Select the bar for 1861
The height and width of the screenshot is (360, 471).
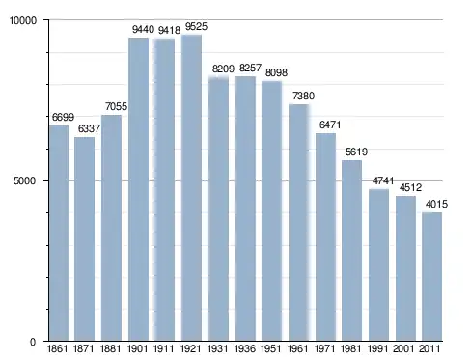pos(59,233)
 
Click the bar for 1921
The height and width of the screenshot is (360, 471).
pos(191,187)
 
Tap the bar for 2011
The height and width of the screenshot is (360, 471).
pos(432,276)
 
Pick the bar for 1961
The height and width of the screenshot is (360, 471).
pos(299,222)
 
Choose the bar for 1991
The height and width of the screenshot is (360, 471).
pos(378,264)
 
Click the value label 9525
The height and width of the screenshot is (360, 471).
pos(196,26)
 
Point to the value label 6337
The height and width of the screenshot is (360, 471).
pos(89,128)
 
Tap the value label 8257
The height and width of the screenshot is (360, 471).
pos(250,68)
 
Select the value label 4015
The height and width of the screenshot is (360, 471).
pos(436,204)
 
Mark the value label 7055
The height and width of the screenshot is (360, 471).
pos(117,106)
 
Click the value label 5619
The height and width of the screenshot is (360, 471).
pos(356,152)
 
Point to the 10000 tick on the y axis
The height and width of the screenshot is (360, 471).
pos(23,20)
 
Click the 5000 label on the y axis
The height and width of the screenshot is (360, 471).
pos(24,180)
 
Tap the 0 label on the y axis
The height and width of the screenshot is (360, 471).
pos(33,342)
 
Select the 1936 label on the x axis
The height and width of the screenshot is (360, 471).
pos(245,348)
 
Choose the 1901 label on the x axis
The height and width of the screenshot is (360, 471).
pos(138,348)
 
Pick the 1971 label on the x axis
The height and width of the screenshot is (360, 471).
pos(325,348)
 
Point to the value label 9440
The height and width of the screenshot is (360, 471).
pos(143,30)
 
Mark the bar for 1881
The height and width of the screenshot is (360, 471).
pos(111,228)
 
